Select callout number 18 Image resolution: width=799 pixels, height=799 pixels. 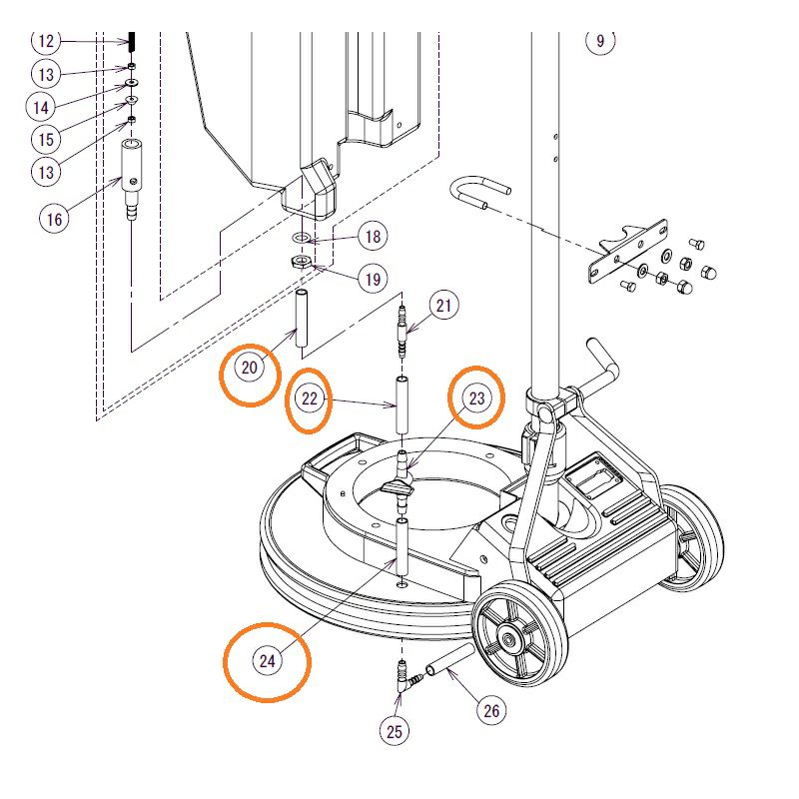pos(373,237)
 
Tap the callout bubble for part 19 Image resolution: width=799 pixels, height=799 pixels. pos(373,279)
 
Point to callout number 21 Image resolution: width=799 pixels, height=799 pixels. pos(444,305)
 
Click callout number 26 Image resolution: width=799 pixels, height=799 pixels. pos(490,711)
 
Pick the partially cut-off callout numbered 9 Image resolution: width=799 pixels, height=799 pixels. pos(600,41)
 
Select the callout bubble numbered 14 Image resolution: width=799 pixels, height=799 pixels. pos(41,107)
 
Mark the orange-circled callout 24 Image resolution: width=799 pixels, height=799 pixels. pos(267,661)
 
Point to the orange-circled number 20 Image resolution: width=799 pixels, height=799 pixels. pos(250,368)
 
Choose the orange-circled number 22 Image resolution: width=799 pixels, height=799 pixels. pos(310,399)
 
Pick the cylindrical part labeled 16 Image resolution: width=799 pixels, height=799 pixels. pos(131,166)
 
